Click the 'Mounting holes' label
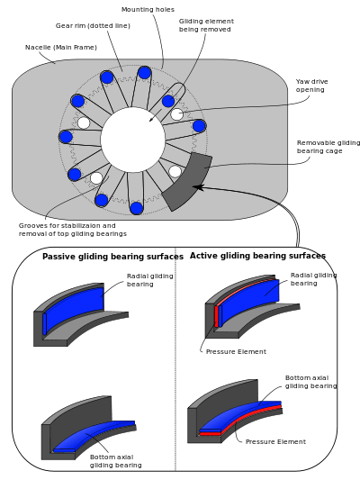(148, 10)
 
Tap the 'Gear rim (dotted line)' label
(93, 26)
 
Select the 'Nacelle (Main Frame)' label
(61, 48)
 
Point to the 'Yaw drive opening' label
(311, 86)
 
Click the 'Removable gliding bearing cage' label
(328, 147)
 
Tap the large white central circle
(132, 140)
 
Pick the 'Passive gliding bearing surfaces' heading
(112, 257)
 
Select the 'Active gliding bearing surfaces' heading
(257, 256)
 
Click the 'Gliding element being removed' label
(206, 25)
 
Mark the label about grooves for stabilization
(73, 230)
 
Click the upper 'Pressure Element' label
(236, 352)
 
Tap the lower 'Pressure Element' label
(275, 442)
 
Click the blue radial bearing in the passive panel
(75, 308)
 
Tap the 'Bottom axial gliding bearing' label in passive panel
(115, 461)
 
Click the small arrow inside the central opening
(156, 115)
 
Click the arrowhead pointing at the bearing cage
(198, 186)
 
